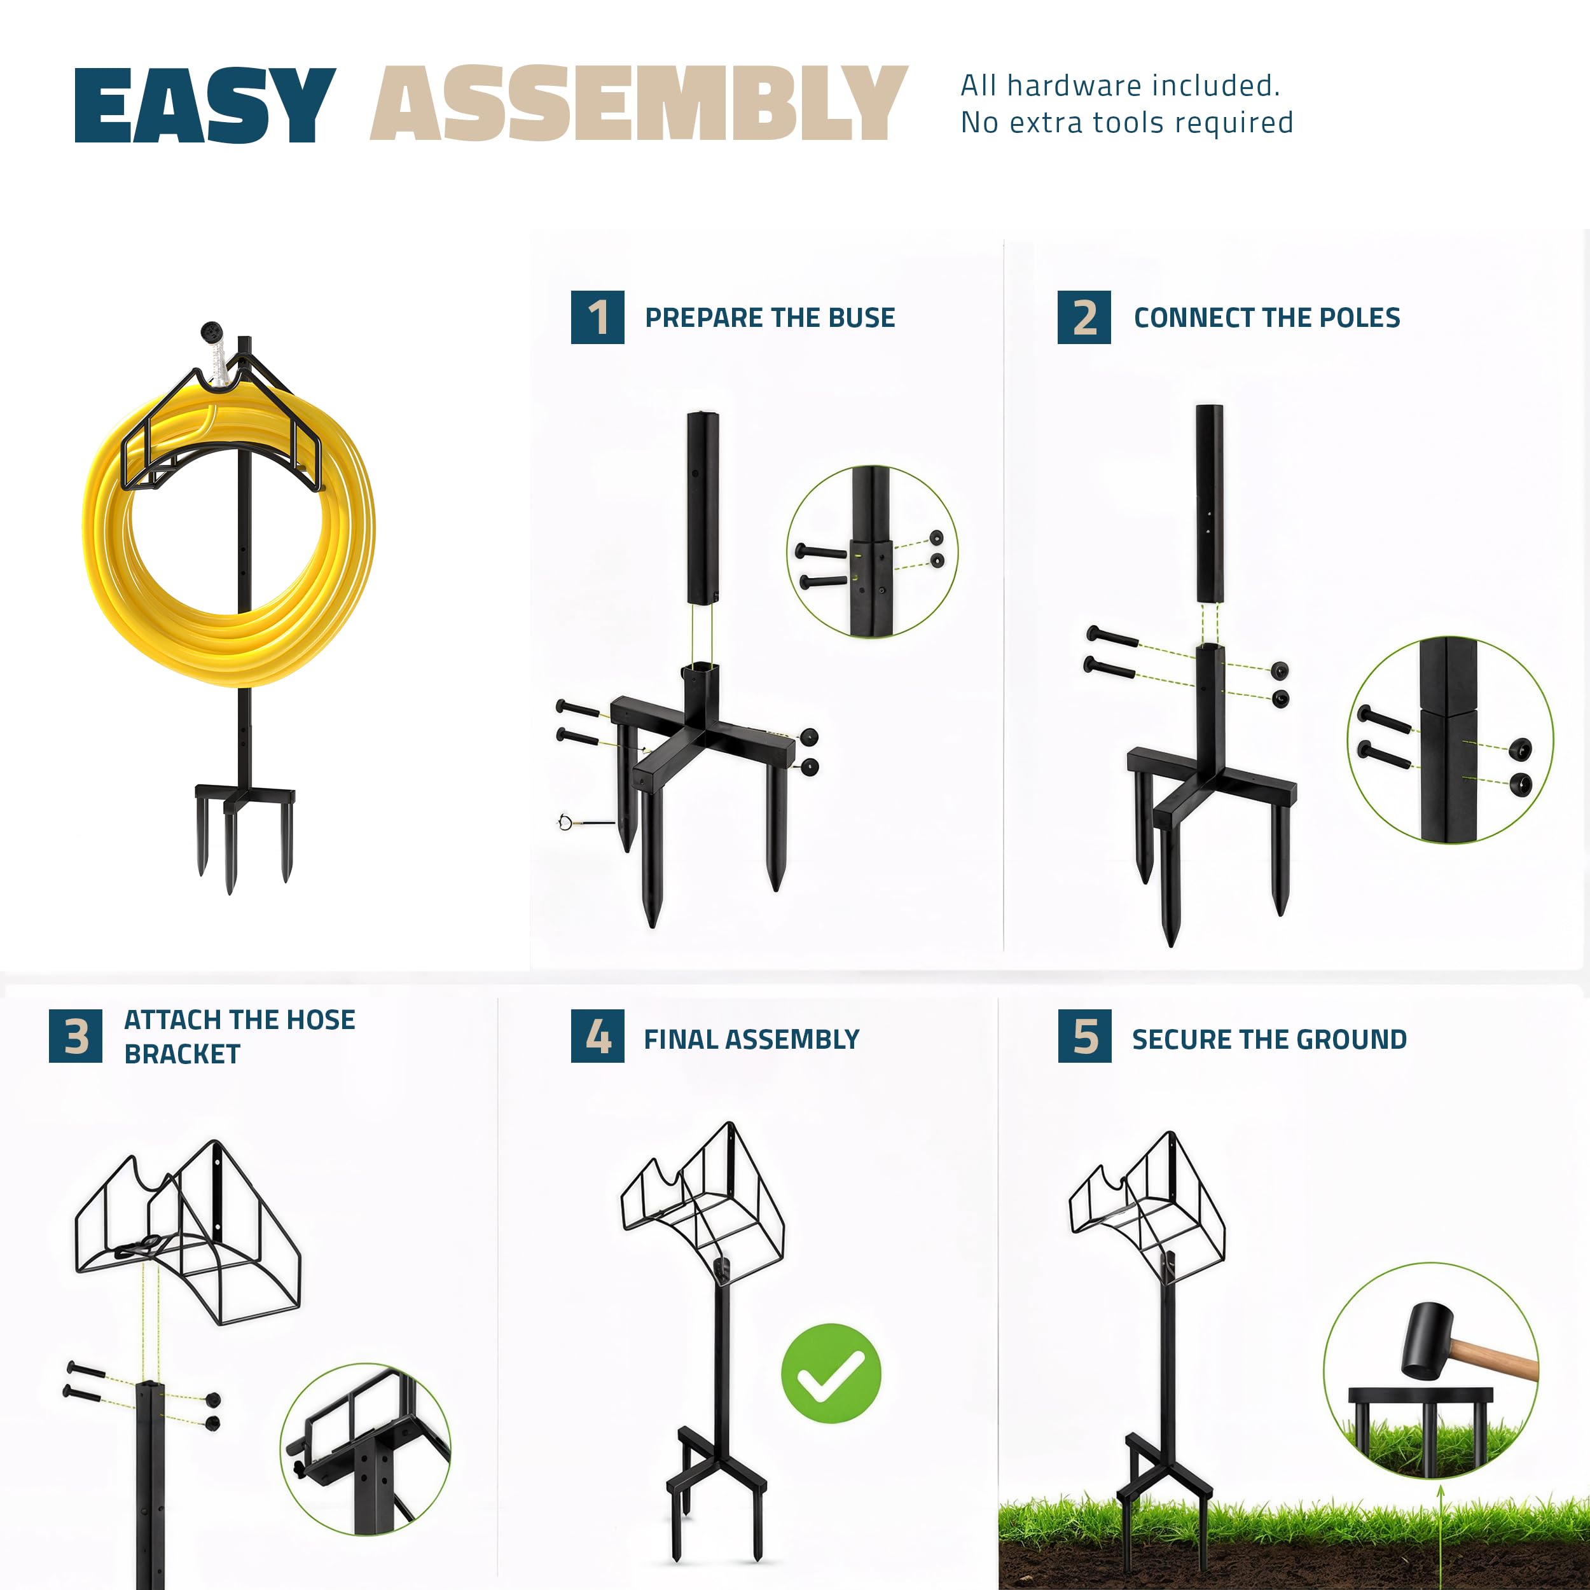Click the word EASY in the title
(205, 106)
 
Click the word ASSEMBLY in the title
(639, 103)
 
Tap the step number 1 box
(597, 317)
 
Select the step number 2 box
(1084, 317)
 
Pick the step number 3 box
(76, 1036)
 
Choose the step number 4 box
(597, 1036)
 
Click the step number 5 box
(1084, 1036)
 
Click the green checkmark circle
(831, 1374)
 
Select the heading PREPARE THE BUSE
(770, 317)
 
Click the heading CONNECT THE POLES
(1266, 317)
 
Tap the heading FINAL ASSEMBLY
(751, 1039)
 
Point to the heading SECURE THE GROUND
(1269, 1039)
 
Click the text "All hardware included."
(1120, 86)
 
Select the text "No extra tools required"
(1126, 123)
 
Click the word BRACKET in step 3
(183, 1054)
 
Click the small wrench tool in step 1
(585, 821)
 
